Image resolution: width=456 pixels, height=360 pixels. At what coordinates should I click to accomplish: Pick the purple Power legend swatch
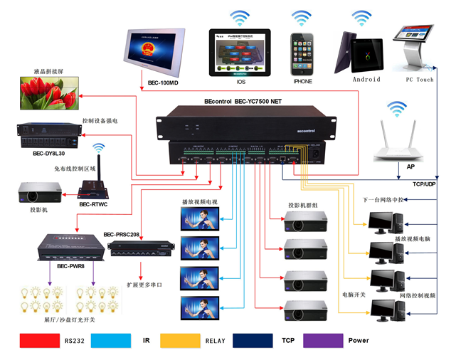tap(323, 339)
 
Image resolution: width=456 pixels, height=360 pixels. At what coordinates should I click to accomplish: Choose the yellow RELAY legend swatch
tap(181, 339)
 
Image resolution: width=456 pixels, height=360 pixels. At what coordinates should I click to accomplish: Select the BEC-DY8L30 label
tap(48, 153)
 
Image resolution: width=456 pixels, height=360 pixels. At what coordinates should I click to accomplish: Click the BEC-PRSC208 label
tap(122, 234)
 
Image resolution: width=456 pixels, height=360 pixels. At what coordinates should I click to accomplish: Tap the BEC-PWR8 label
tap(70, 267)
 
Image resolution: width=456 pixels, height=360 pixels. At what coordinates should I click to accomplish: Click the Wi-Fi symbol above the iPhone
tap(302, 16)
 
